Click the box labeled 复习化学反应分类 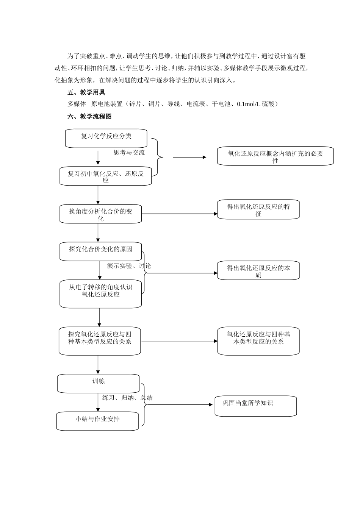(106, 138)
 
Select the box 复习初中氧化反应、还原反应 (106, 176)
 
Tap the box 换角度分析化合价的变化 (100, 214)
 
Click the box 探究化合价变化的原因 (100, 251)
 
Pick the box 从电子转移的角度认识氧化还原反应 (100, 294)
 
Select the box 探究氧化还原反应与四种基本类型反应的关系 (100, 341)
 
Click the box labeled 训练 (98, 383)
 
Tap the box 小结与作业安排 (97, 421)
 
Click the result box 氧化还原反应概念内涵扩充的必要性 (275, 156)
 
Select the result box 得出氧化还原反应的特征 (258, 209)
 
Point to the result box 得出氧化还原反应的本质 (258, 270)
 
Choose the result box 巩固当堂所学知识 (255, 406)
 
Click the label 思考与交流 (129, 153)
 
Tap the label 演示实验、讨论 (129, 266)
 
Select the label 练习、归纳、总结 (127, 398)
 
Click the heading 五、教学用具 (86, 92)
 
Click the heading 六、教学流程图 (89, 117)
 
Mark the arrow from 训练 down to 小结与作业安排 (98, 402)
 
